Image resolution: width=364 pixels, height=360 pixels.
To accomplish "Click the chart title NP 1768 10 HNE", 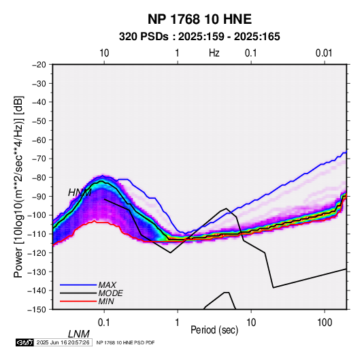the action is (199, 19).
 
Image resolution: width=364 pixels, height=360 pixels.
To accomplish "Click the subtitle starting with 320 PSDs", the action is (199, 37).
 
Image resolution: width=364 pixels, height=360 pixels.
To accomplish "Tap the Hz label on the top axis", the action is (214, 53).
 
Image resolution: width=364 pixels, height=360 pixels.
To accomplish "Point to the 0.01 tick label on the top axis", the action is (324, 53).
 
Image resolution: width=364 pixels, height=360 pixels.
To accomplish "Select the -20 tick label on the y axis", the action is (39, 65).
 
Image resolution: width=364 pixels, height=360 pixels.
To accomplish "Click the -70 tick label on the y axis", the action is (39, 159).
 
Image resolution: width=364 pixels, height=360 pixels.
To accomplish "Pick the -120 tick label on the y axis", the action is (37, 253).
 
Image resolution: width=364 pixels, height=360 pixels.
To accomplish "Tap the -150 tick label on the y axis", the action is (37, 310).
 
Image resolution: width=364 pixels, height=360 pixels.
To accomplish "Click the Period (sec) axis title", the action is (214, 330).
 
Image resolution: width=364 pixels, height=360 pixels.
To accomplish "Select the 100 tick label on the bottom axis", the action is (325, 323).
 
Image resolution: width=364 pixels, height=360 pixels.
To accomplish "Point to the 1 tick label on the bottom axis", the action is (178, 323).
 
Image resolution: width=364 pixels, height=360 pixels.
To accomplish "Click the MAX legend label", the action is (107, 285).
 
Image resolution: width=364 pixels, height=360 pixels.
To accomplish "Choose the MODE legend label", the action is (110, 293).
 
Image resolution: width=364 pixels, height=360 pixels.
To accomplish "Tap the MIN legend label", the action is (106, 301).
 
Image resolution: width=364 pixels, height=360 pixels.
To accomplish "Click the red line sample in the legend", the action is (78, 301).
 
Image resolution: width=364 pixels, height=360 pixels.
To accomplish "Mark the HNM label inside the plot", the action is (80, 193).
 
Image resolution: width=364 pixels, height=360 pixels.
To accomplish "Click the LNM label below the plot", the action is (79, 334).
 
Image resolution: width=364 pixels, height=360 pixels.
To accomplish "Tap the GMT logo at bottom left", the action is (25, 342).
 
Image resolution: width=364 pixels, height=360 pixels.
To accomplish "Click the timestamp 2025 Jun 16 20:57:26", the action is (63, 342).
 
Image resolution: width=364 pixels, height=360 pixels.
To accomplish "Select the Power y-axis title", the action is (19, 187).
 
